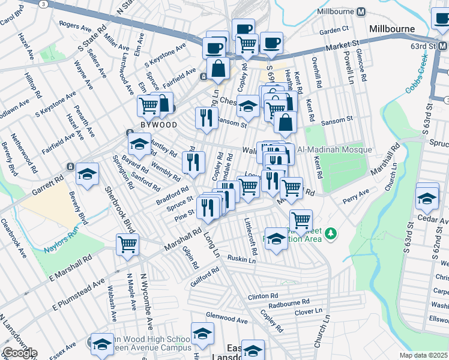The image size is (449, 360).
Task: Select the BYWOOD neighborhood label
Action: pos(158,125)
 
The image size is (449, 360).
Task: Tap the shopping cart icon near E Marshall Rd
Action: pos(128,244)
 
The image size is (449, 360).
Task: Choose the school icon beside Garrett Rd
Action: pos(88,174)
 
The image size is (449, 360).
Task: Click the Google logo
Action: pos(19,353)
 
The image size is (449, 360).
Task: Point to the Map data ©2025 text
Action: pos(424,355)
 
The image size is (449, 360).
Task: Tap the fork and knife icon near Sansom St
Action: pos(206,118)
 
